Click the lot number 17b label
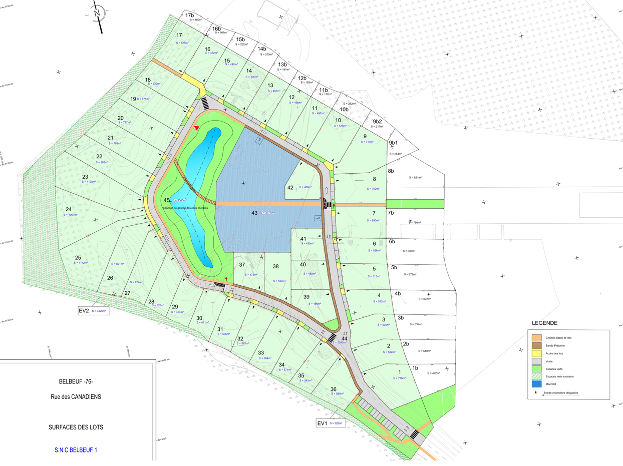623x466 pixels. click(x=189, y=16)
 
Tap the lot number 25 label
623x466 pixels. click(x=78, y=258)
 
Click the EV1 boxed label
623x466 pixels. click(x=322, y=423)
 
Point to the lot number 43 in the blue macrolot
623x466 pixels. click(x=254, y=213)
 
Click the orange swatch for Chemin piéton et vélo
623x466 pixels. click(x=537, y=338)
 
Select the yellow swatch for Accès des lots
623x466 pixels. click(x=537, y=353)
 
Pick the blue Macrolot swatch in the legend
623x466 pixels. click(x=537, y=384)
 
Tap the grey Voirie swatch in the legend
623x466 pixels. click(x=537, y=361)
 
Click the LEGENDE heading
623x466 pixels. click(x=545, y=323)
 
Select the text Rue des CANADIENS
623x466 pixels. click(x=80, y=396)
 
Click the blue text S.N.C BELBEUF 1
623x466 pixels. click(x=76, y=449)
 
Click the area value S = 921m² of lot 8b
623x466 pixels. click(x=416, y=178)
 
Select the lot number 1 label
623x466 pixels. click(x=399, y=372)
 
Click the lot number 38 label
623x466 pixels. click(x=275, y=267)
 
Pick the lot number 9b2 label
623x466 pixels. click(x=377, y=122)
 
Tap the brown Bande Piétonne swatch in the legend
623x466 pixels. click(x=537, y=345)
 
